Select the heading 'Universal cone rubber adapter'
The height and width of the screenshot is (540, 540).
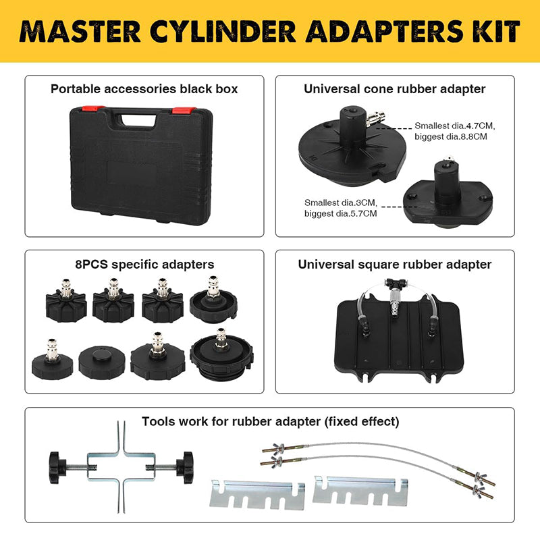[x=394, y=88]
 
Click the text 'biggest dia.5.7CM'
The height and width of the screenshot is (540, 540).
[x=341, y=213]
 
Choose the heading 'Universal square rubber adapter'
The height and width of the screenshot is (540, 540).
[x=394, y=264]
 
